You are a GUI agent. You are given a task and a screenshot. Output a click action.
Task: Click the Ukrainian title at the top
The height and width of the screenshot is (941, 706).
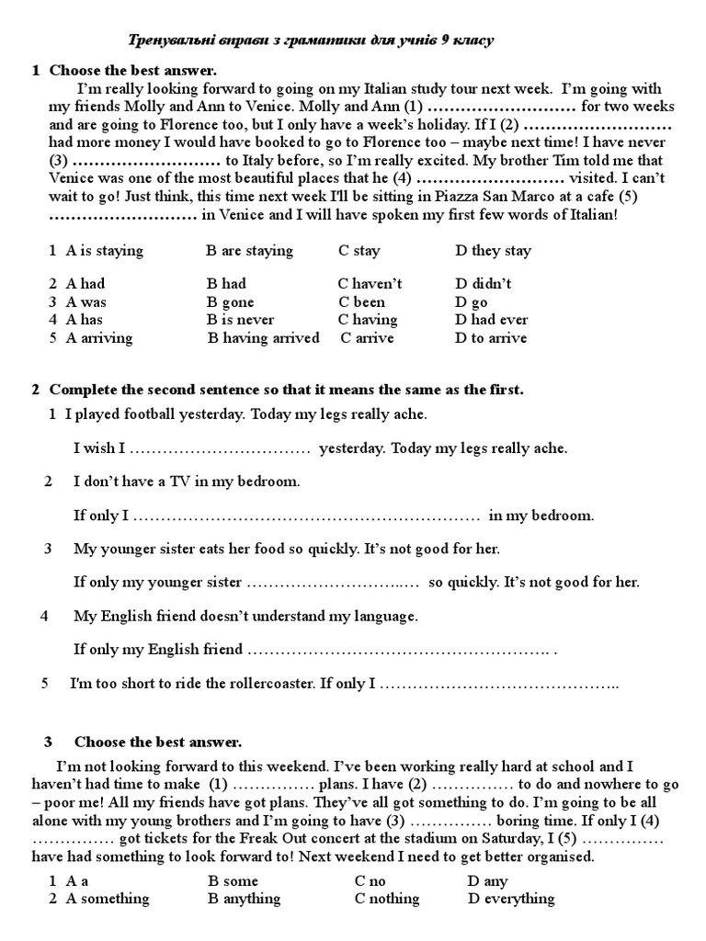coord(309,40)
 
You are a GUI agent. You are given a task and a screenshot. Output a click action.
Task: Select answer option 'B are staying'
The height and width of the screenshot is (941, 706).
coord(250,251)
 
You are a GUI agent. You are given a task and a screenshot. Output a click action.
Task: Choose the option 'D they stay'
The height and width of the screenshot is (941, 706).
coord(493,251)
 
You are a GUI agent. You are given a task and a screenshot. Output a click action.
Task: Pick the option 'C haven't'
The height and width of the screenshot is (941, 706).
coord(370,284)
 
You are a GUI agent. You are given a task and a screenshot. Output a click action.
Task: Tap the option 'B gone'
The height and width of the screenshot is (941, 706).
coord(231,302)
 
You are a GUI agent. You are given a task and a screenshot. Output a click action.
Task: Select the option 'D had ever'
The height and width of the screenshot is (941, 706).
coord(491,320)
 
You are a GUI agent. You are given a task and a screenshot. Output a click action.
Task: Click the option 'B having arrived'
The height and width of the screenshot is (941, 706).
coord(264,338)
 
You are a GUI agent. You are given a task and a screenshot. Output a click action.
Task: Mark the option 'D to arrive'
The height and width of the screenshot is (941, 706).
coord(491,338)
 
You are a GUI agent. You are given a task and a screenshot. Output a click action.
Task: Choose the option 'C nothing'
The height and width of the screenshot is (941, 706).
coord(386,899)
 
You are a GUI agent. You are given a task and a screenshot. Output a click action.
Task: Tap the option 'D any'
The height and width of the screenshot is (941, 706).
coord(486,880)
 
